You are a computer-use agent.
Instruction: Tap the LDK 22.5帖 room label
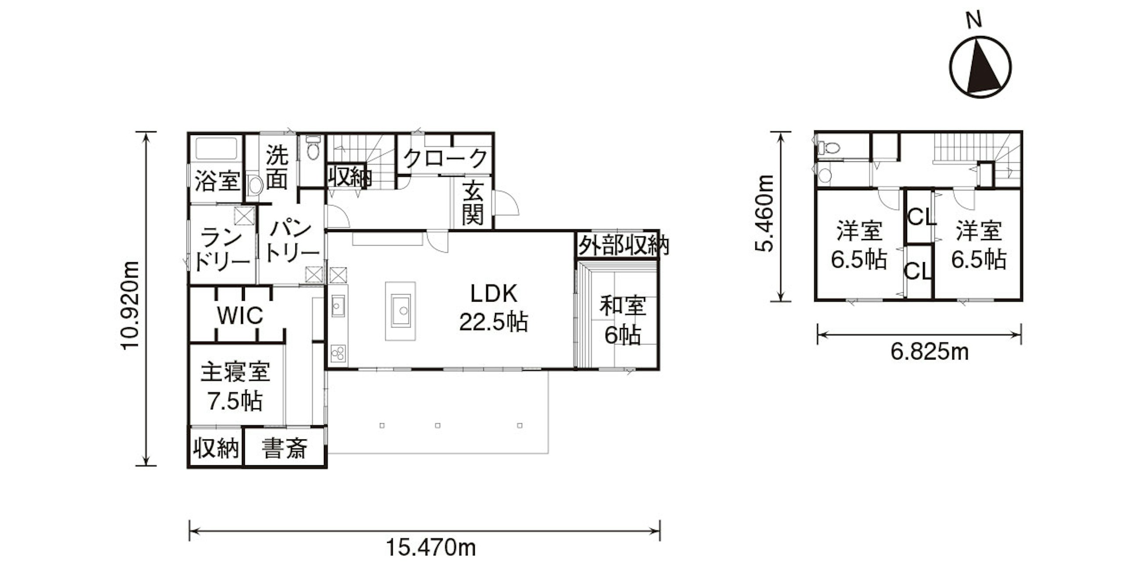493,307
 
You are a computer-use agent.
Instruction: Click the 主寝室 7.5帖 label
235,386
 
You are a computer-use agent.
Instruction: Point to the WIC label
240,315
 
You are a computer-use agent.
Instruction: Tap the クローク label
445,157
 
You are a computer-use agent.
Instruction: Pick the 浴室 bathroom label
218,181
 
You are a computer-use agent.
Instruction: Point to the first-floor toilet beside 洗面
313,147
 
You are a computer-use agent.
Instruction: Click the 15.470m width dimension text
431,548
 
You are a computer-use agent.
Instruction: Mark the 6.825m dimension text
930,352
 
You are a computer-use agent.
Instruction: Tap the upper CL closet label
921,217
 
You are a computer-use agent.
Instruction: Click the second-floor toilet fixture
826,147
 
